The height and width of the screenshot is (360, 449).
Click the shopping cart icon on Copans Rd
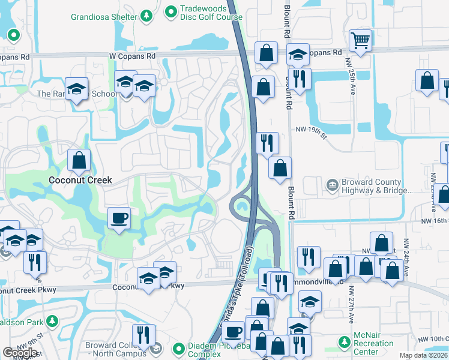coord(360,41)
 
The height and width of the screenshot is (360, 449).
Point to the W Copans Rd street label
coord(132,56)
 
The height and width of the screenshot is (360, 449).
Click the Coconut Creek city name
coord(80,180)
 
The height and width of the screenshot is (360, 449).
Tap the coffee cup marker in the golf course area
coord(119,217)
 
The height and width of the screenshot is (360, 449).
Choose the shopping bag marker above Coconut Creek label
coord(79,160)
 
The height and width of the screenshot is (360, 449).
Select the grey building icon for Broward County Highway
coord(331,186)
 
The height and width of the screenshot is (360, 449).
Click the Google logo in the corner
coord(20,353)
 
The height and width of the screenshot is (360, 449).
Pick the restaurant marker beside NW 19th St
coord(267,143)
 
